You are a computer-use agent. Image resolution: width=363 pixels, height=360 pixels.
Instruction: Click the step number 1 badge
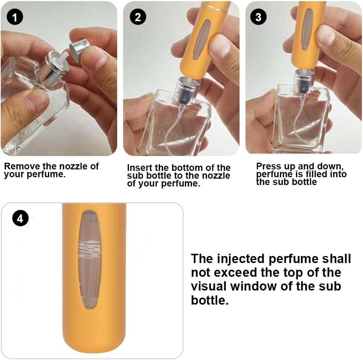click(x=15, y=17)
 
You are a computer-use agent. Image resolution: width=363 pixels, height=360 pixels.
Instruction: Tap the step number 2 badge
click(x=138, y=17)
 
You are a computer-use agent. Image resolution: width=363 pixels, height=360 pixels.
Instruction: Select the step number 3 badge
click(x=258, y=17)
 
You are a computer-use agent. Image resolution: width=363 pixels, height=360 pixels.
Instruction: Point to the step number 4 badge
click(x=20, y=218)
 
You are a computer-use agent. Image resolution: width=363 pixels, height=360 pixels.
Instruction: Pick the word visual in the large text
click(x=209, y=286)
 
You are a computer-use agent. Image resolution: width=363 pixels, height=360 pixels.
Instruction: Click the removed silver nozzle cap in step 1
click(x=80, y=48)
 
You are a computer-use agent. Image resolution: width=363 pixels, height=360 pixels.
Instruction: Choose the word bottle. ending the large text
click(x=210, y=300)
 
